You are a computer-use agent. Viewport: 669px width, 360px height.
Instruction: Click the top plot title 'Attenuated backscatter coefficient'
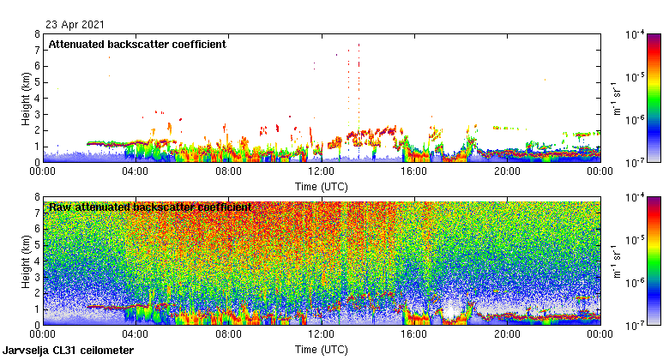pos(137,45)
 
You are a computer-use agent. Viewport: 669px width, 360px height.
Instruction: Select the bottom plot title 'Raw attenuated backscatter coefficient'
pos(150,207)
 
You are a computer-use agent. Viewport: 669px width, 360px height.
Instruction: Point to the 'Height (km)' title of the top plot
pos(27,98)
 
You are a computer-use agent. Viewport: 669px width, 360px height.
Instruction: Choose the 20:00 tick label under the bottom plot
pos(507,335)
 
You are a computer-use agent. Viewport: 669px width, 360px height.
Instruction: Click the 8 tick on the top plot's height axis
pos(37,34)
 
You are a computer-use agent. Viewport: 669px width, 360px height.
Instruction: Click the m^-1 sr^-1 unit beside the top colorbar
pos(615,98)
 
